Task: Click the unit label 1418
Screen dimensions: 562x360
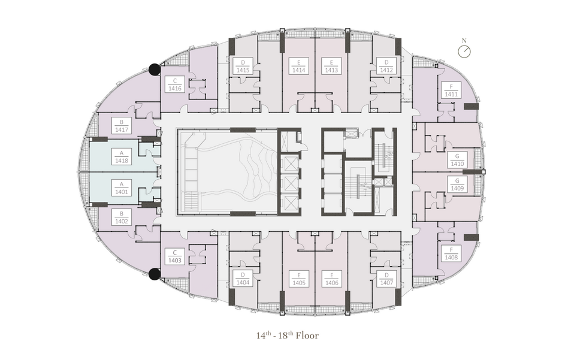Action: tap(122, 156)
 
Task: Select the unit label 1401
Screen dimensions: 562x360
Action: tap(122, 187)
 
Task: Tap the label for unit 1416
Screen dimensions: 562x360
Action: tap(175, 84)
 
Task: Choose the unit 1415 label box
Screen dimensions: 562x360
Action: tap(243, 66)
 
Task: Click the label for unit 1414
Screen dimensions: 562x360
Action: tap(299, 66)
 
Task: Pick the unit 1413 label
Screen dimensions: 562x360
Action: tap(332, 66)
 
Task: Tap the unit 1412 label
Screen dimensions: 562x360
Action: tap(386, 66)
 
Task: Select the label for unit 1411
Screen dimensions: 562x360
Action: tap(451, 90)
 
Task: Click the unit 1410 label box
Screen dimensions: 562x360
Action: tap(457, 159)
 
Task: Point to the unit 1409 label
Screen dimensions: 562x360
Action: tap(457, 184)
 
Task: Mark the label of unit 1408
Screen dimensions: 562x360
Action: tap(451, 253)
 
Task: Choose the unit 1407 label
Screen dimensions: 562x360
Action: tap(386, 279)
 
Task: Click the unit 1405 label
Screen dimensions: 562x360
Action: tap(299, 279)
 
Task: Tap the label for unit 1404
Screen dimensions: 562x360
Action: tap(243, 279)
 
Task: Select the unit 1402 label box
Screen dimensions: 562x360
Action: tap(122, 217)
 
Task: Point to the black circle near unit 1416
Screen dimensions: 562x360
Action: tap(155, 69)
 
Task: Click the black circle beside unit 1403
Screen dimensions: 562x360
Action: tap(155, 274)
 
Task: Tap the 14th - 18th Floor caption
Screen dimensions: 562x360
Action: tap(288, 335)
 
